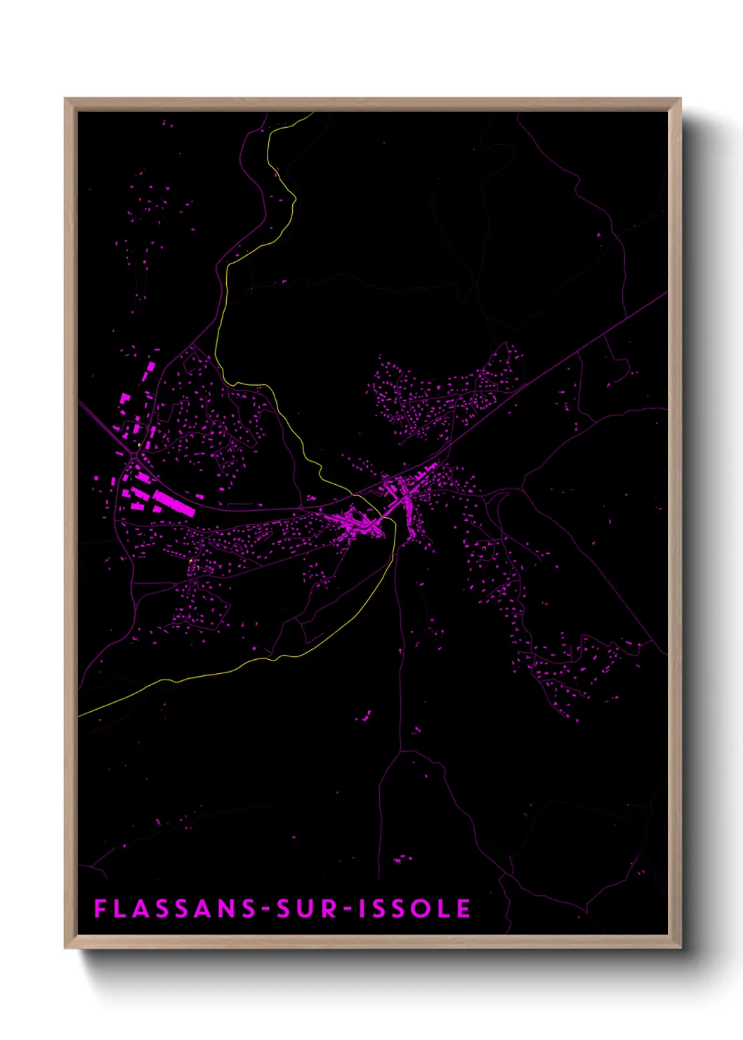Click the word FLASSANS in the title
pos(176,909)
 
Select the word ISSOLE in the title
pos(414,909)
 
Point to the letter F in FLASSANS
pos(100,909)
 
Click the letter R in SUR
pos(329,909)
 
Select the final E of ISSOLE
pos(464,909)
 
